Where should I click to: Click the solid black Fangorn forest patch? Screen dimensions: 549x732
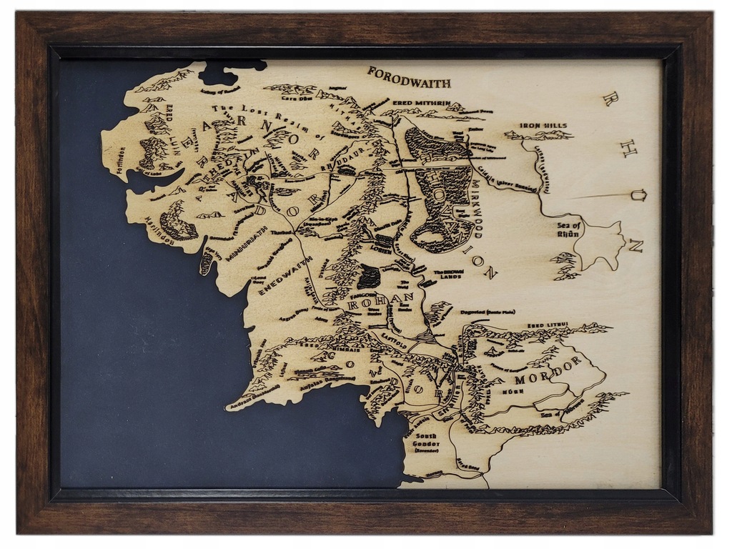pyautogui.click(x=370, y=276)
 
